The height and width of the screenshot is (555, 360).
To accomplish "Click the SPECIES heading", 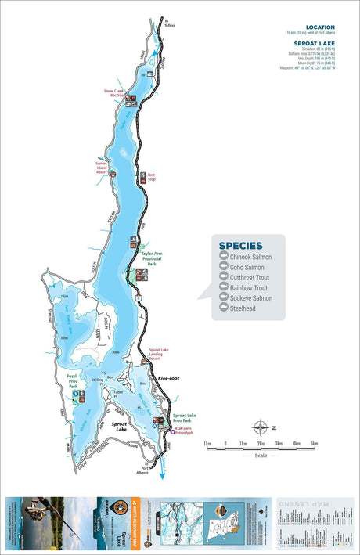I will click(x=241, y=245).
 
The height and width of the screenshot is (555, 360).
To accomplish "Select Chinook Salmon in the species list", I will click(x=253, y=257).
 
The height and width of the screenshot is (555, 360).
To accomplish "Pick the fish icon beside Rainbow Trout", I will click(x=224, y=288).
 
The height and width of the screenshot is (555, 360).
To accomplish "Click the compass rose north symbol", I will click(x=261, y=427).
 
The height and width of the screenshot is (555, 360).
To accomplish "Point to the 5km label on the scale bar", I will click(x=314, y=444).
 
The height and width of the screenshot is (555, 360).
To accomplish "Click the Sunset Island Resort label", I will click(x=96, y=168).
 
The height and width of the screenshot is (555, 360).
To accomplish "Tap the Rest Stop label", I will click(x=152, y=178).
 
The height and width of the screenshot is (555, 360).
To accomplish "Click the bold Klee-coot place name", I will click(x=170, y=377).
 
